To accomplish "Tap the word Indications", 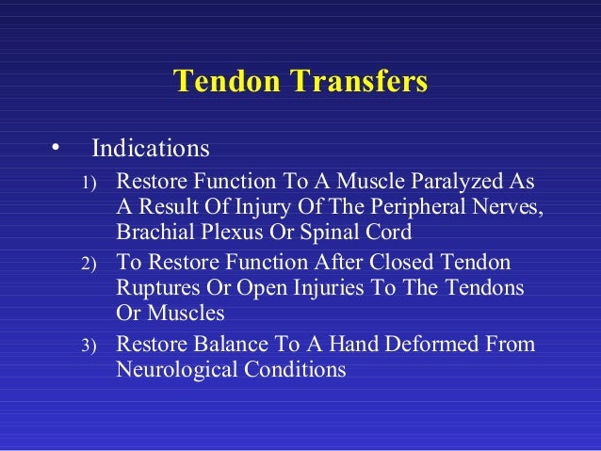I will click(150, 150).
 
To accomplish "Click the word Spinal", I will click(330, 232).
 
